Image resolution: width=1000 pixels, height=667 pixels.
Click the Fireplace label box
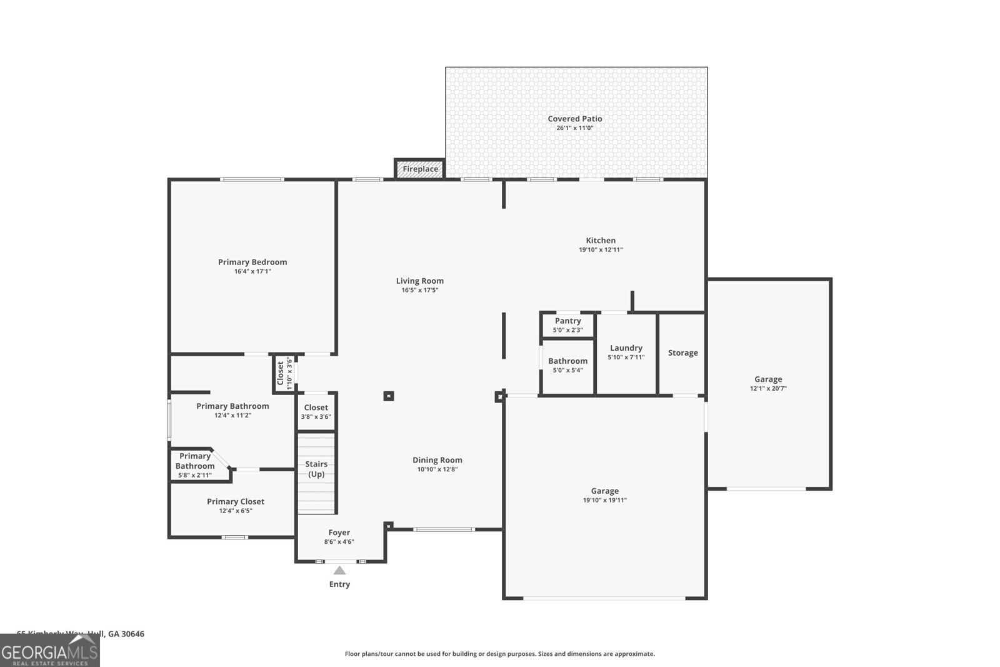click(x=420, y=169)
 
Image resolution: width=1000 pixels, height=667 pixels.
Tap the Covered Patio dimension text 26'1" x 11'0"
click(x=574, y=128)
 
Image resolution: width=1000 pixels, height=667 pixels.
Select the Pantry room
click(x=567, y=325)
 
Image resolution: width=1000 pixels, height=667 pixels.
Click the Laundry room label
click(x=626, y=348)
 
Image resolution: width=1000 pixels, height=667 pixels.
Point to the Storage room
click(x=682, y=353)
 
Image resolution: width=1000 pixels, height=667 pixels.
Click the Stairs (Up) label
click(x=316, y=469)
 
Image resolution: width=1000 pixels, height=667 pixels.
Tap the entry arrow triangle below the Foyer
click(x=339, y=570)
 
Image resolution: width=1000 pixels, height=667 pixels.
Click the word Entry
click(x=339, y=584)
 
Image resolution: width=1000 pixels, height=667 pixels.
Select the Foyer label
click(x=339, y=533)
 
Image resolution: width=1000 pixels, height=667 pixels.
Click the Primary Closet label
click(x=236, y=501)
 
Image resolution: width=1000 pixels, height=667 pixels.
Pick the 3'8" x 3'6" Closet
click(x=316, y=412)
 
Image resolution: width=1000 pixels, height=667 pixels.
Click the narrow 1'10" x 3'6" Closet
click(x=284, y=374)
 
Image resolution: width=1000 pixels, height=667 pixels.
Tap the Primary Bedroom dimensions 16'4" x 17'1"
click(x=252, y=271)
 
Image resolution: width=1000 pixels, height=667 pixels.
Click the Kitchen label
click(x=601, y=241)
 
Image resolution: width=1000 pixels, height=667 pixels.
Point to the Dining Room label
click(x=437, y=460)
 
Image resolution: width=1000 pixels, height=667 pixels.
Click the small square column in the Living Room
click(x=388, y=396)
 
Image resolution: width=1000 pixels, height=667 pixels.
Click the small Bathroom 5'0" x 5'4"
click(x=567, y=365)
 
